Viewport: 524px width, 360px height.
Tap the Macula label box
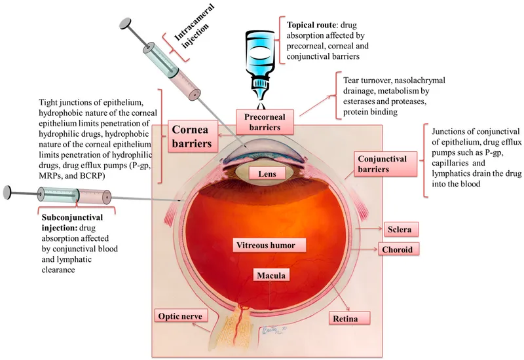click(271, 276)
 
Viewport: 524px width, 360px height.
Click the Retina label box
click(350, 318)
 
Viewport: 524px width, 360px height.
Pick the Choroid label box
click(398, 249)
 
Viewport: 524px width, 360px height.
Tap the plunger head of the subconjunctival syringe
click(8, 192)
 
